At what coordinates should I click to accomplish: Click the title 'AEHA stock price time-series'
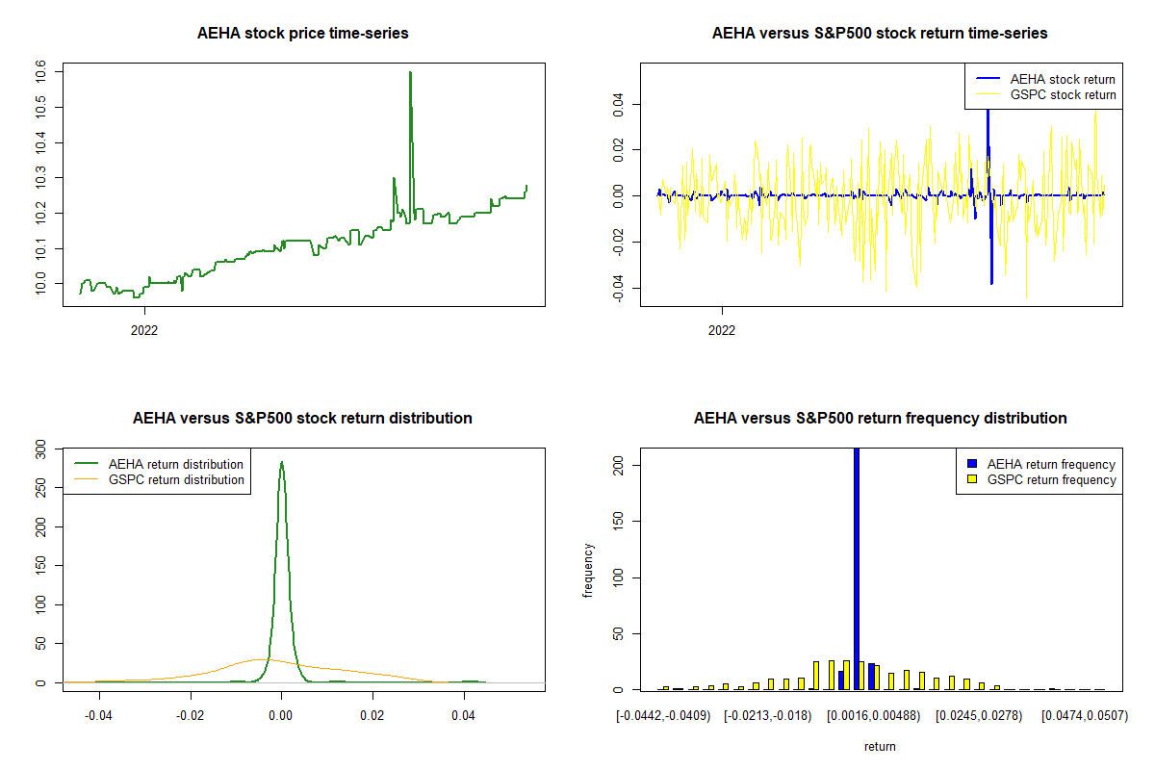tap(302, 34)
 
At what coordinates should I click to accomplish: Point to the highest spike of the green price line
tap(410, 73)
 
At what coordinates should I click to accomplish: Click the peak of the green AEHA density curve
tap(281, 463)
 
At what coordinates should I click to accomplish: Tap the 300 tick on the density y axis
tap(40, 448)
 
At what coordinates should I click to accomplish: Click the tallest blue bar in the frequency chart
tap(857, 568)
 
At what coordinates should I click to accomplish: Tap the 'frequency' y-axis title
tap(588, 570)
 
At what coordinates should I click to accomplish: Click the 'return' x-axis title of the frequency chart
tap(880, 746)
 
